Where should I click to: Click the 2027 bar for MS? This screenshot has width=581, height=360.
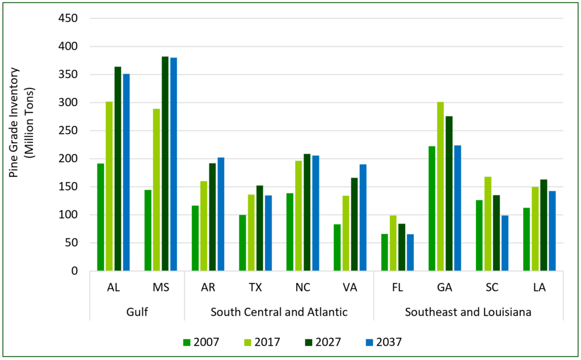coord(165,164)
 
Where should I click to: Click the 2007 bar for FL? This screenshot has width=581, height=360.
coord(384,252)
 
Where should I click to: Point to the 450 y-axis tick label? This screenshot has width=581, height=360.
coord(68,18)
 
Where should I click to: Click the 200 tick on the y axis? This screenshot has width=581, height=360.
coord(68,159)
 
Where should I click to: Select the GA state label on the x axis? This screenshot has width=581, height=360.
coord(444,287)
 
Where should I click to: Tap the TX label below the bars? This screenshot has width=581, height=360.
coord(255,287)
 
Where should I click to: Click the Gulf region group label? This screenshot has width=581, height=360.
coord(137,311)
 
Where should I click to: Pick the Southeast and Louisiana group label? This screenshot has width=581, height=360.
coord(468,311)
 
